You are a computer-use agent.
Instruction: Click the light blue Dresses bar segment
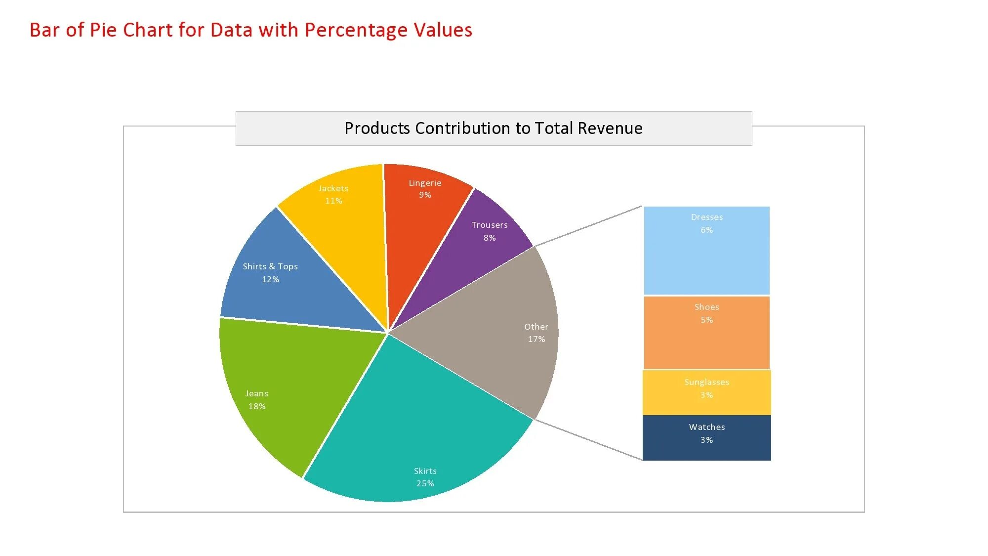pos(706,262)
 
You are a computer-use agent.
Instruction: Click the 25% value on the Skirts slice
pos(425,483)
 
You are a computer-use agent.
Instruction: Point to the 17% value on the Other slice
pos(536,339)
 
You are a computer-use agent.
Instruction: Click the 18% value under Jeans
pos(257,406)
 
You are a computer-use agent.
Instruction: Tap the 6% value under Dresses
pos(706,230)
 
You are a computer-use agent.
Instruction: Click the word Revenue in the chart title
pos(610,128)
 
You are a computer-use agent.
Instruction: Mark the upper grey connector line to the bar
pos(588,226)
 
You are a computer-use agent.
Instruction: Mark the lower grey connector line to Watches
pos(588,440)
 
